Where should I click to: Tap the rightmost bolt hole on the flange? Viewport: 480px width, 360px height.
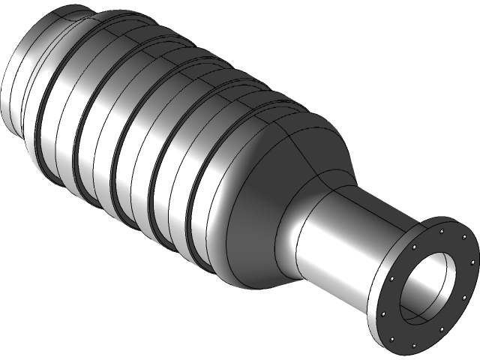tap(472, 262)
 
